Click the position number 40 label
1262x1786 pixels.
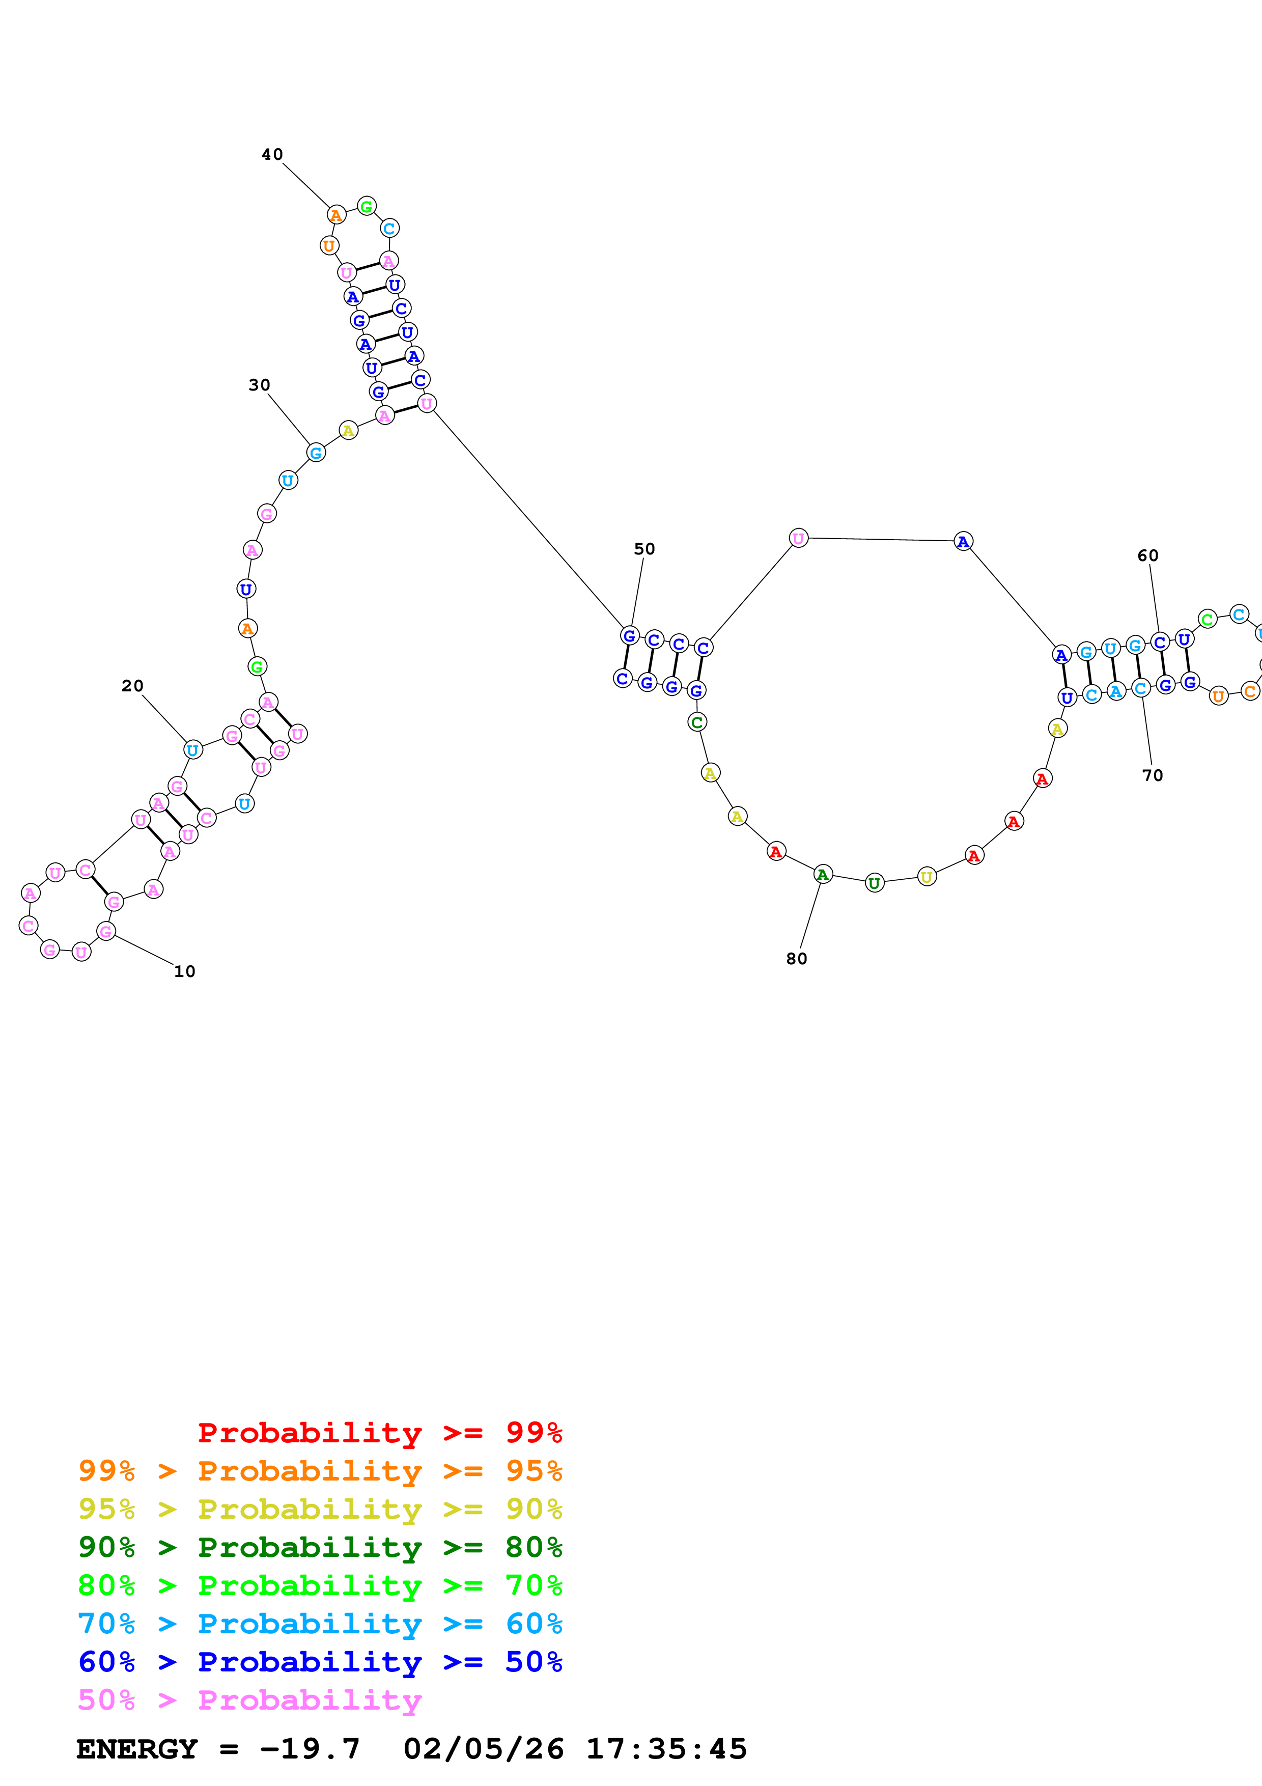tap(272, 155)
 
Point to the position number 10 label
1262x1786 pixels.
tap(184, 971)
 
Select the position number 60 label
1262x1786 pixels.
tap(1147, 555)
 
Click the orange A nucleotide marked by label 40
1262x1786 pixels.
tap(336, 215)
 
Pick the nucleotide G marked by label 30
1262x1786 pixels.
tap(316, 453)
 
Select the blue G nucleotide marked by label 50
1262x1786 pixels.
tap(630, 635)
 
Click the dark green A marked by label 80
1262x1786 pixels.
tap(823, 874)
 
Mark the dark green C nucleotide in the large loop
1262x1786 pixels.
tap(697, 722)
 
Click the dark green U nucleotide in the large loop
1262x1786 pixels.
tap(875, 883)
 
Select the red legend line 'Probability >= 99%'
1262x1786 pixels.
tap(379, 1432)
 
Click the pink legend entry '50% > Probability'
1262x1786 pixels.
tap(249, 1699)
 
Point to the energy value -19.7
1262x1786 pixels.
tap(310, 1749)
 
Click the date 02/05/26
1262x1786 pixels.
tap(483, 1749)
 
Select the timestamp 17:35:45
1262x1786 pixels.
tap(666, 1749)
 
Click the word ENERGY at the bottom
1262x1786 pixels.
tap(137, 1749)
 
